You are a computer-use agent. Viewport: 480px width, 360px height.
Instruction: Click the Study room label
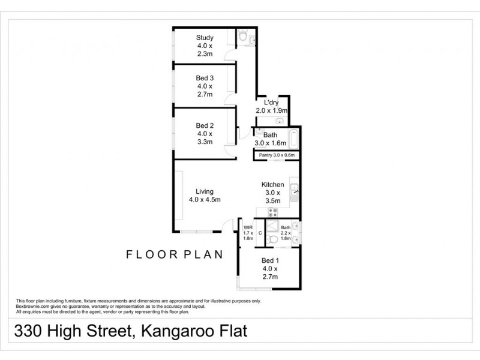[205, 46]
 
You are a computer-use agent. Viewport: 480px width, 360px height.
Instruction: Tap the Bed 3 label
[205, 86]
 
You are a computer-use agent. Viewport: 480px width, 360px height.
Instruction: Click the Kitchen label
[272, 193]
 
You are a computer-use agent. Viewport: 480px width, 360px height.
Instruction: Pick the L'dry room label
[270, 106]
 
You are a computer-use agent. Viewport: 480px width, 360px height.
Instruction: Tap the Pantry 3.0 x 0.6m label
[276, 155]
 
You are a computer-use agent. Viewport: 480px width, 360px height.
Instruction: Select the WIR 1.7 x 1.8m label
[248, 232]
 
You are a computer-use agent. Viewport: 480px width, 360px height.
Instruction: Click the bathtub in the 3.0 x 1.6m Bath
[292, 139]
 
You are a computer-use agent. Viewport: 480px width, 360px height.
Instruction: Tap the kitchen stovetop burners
[272, 212]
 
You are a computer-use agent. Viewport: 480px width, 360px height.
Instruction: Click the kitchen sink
[295, 193]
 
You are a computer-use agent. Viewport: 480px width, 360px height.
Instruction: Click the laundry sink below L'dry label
[280, 119]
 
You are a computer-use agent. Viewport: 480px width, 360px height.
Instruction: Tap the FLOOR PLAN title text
[174, 254]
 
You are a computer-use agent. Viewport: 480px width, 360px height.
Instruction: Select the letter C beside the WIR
[260, 232]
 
